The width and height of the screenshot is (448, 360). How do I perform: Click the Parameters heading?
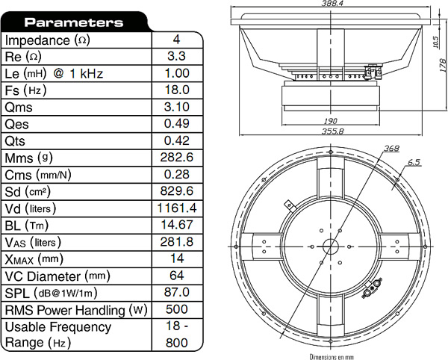coord(74,22)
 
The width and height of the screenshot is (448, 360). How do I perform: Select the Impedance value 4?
coord(176,40)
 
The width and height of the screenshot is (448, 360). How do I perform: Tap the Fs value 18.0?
coord(177,90)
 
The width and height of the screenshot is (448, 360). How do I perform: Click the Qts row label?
coord(15,141)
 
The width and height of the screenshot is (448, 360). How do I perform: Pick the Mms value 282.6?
coord(177,158)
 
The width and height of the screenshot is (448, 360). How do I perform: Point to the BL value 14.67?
coord(177,225)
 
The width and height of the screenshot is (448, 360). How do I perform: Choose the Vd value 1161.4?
coord(177,208)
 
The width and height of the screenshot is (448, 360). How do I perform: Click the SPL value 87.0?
coord(177,292)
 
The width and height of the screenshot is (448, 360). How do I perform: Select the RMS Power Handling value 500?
coord(177,309)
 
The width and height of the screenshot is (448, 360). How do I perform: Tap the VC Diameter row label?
coord(57,276)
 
